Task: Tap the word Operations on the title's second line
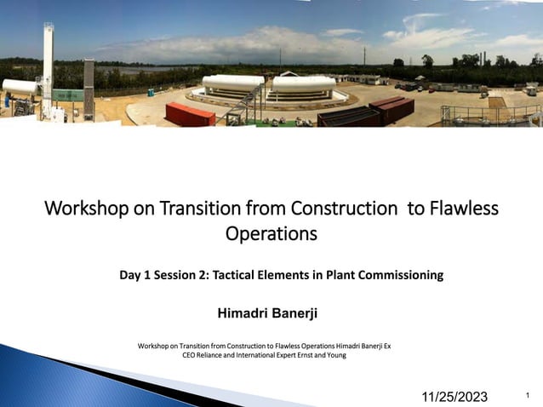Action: (271, 233)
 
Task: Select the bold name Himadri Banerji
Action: (267, 313)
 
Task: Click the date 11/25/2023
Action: (455, 396)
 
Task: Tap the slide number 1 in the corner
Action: (529, 395)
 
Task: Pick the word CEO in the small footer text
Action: (191, 355)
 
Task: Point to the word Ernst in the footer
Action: (310, 355)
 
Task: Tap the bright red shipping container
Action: (190, 114)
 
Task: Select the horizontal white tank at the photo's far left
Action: (20, 88)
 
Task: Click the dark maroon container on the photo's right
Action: (393, 108)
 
